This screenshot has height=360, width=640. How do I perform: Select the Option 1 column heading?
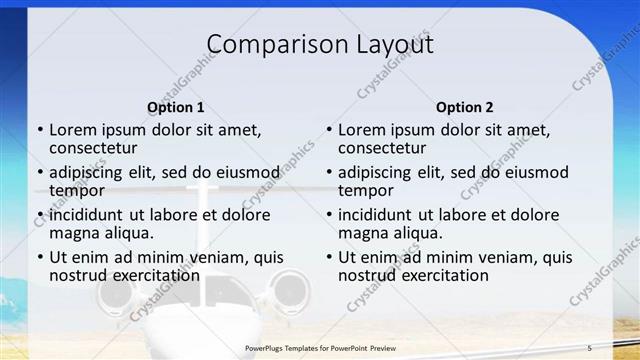pos(176,107)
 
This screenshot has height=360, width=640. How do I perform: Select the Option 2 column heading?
pos(464,107)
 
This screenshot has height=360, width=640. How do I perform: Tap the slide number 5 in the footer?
pos(589,347)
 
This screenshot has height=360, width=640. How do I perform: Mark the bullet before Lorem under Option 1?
pos(40,130)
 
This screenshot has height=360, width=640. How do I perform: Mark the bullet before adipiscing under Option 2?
pos(329,173)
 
